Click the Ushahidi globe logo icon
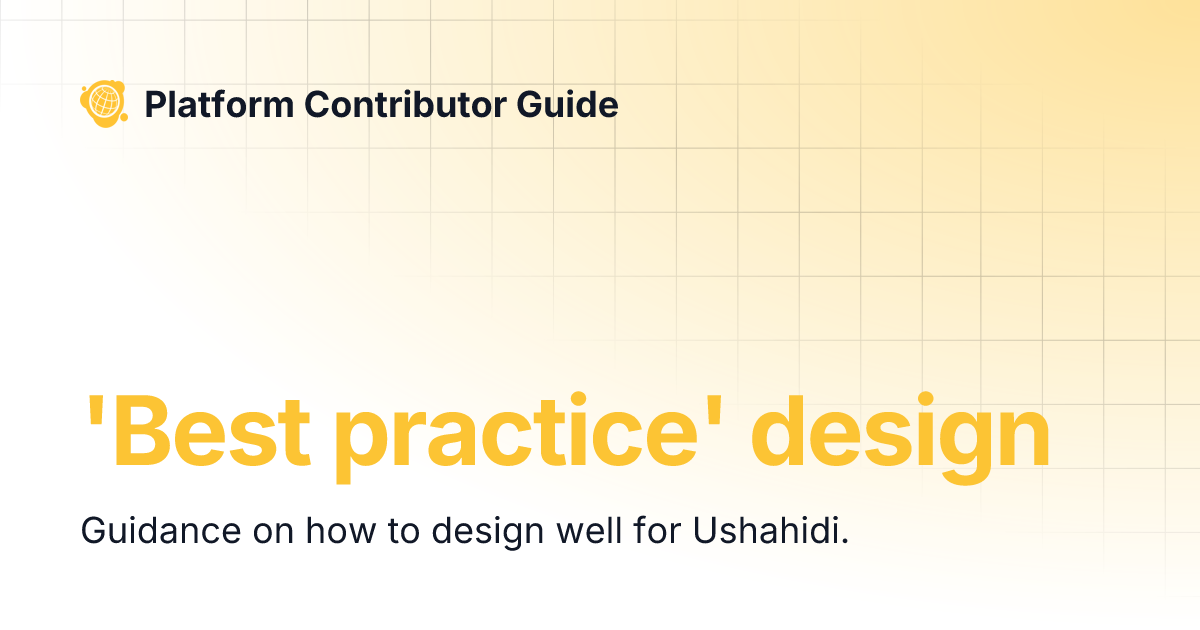coord(103,102)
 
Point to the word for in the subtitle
coord(655,530)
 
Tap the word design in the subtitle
coord(487,532)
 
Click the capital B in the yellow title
coord(140,432)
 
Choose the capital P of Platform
coord(155,103)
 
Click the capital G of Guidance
coord(93,530)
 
